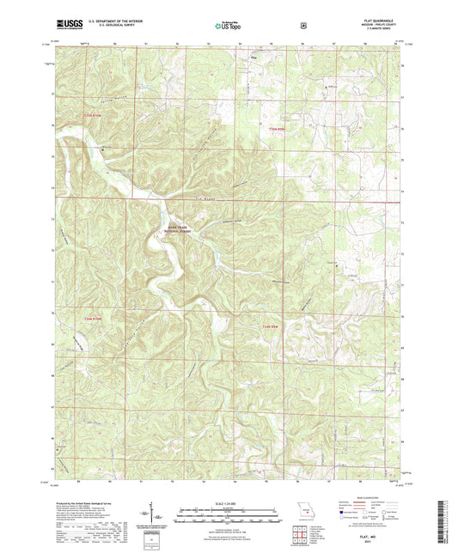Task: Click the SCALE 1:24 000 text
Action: [229, 503]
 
